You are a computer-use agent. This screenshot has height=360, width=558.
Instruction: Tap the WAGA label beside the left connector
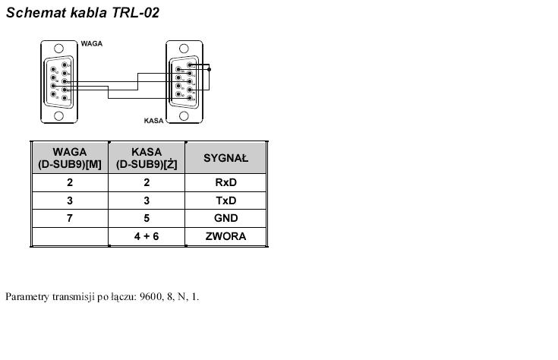click(92, 44)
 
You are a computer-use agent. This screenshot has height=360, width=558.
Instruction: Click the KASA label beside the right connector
click(154, 120)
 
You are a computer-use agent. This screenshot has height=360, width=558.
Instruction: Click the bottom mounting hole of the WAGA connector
click(58, 115)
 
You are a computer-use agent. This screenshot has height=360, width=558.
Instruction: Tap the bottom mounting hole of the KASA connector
click(184, 115)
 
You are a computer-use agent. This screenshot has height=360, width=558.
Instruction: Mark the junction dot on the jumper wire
click(210, 69)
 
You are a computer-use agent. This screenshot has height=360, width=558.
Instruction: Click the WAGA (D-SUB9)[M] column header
click(70, 158)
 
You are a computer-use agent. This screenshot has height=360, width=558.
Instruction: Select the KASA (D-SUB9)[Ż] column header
click(147, 158)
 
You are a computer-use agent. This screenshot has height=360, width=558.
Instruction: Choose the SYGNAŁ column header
click(226, 158)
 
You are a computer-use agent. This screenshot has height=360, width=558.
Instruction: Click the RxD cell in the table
click(226, 182)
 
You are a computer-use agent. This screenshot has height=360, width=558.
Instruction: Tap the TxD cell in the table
click(226, 201)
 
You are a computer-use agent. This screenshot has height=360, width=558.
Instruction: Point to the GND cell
click(226, 218)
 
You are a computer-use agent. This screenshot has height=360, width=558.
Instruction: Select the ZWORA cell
click(226, 236)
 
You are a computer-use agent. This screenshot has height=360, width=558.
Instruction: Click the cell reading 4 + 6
click(147, 236)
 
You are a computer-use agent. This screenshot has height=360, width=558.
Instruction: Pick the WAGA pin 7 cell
click(70, 218)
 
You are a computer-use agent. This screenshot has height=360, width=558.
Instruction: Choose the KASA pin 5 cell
click(147, 218)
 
